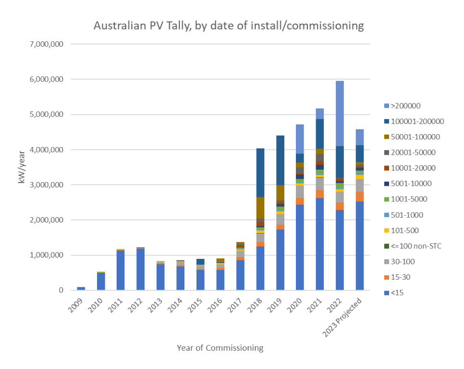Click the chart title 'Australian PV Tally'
point(228,25)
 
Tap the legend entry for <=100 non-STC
point(416,246)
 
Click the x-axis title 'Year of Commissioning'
point(220,347)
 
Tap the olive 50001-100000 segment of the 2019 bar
point(280,193)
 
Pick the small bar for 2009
point(81,288)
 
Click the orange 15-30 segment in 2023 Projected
point(359,197)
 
